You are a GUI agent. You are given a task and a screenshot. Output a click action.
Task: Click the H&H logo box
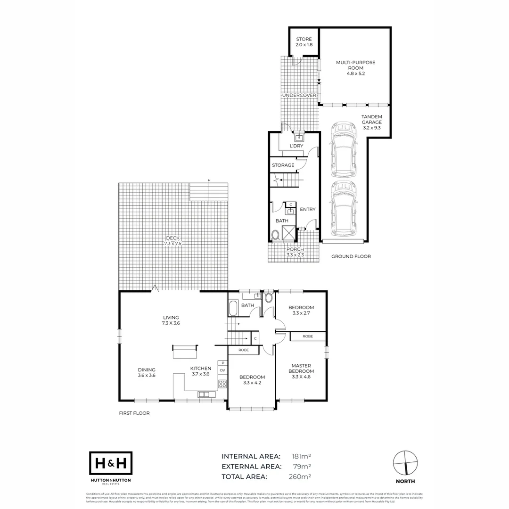tap(111, 463)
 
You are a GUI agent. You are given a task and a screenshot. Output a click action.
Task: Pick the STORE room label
tap(304, 41)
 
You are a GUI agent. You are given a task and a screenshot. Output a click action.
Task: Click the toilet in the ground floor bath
tap(276, 235)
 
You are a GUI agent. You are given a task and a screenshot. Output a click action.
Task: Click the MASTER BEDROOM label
tap(302, 371)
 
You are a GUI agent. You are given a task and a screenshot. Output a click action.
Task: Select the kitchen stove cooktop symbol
tap(222, 384)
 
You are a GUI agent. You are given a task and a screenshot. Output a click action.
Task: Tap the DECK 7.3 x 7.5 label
tap(173, 241)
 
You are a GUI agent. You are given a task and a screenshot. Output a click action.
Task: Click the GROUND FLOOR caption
tap(351, 256)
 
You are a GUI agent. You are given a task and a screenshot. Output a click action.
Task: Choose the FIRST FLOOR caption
tap(134, 413)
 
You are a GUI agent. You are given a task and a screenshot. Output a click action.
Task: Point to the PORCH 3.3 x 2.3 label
tap(295, 252)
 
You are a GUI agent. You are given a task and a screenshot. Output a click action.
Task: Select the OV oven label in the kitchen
tap(222, 371)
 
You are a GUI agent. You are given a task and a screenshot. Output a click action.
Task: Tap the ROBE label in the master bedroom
tap(307, 337)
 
